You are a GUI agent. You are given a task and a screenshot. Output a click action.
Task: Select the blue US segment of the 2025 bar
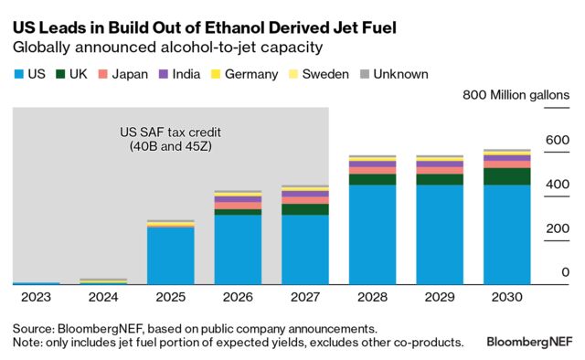click(x=170, y=256)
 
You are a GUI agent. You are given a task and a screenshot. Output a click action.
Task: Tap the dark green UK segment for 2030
click(x=507, y=176)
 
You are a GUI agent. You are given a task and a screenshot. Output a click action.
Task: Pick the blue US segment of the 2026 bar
click(x=238, y=249)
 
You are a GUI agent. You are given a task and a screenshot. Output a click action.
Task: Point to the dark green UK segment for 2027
click(x=304, y=209)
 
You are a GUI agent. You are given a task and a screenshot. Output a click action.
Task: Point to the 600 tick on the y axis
click(x=558, y=140)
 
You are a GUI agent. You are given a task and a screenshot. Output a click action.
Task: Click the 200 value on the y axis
click(x=558, y=228)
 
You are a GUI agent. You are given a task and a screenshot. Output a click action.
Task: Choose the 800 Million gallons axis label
click(x=516, y=95)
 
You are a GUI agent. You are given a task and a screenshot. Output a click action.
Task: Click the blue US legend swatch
click(x=18, y=74)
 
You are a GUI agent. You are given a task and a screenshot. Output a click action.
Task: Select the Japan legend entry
click(x=127, y=74)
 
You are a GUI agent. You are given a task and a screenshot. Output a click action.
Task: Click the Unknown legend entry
click(x=396, y=74)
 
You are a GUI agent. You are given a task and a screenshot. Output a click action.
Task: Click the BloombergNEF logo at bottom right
click(x=528, y=343)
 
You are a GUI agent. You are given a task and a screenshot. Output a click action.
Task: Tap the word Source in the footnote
click(x=34, y=327)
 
